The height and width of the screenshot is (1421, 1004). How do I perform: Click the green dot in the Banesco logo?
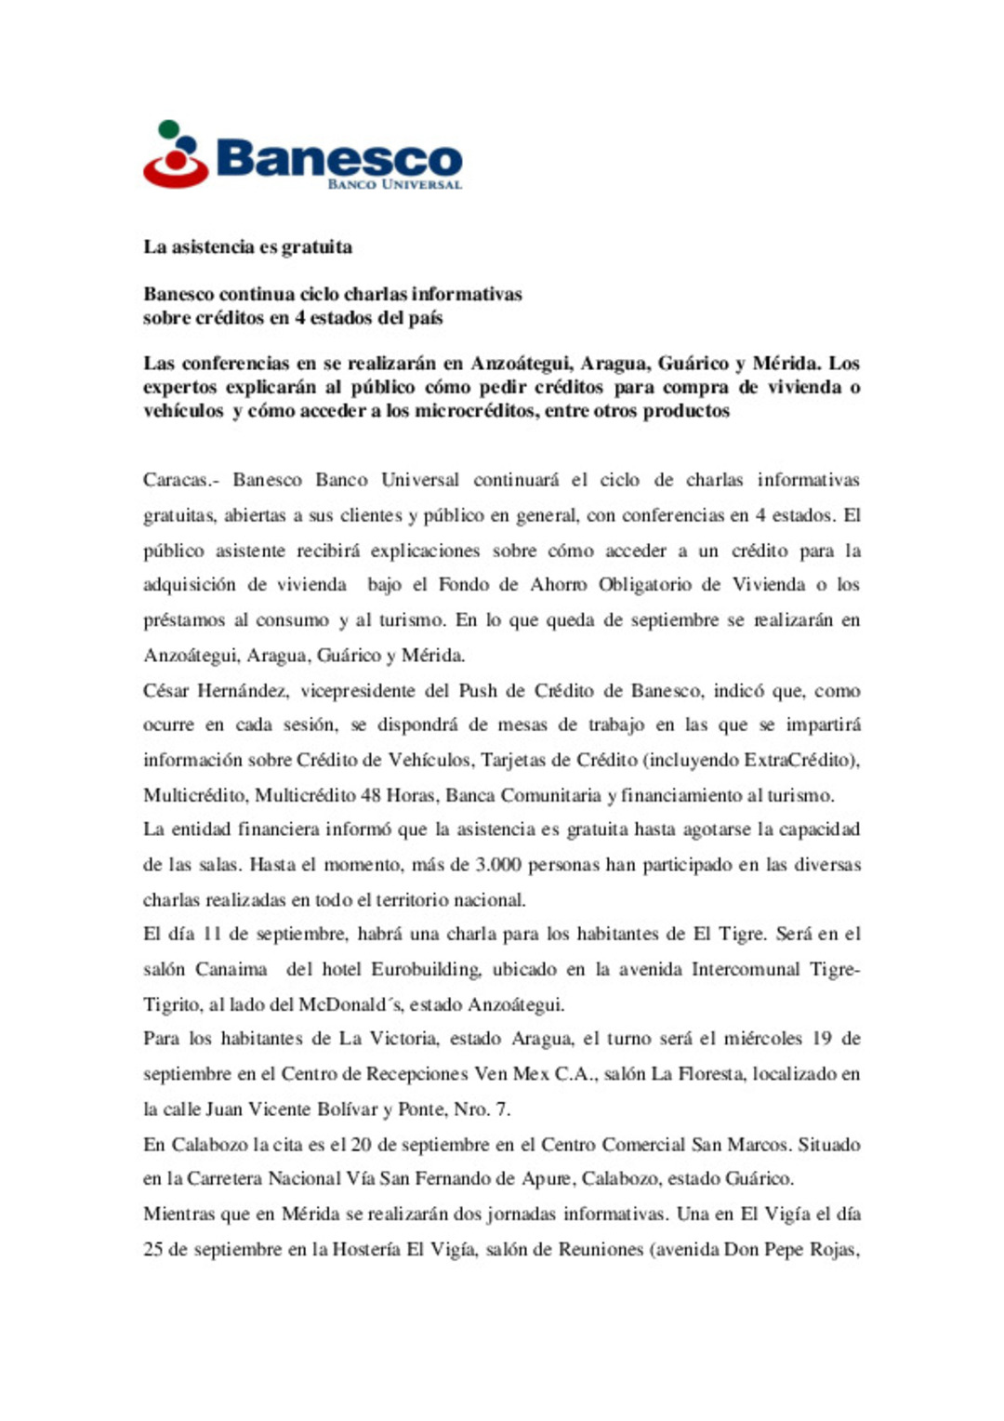click(168, 129)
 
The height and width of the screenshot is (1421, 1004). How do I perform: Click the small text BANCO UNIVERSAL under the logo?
click(394, 185)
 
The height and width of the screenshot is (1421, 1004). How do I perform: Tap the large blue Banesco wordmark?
click(338, 158)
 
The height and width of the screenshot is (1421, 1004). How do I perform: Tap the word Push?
click(478, 691)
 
